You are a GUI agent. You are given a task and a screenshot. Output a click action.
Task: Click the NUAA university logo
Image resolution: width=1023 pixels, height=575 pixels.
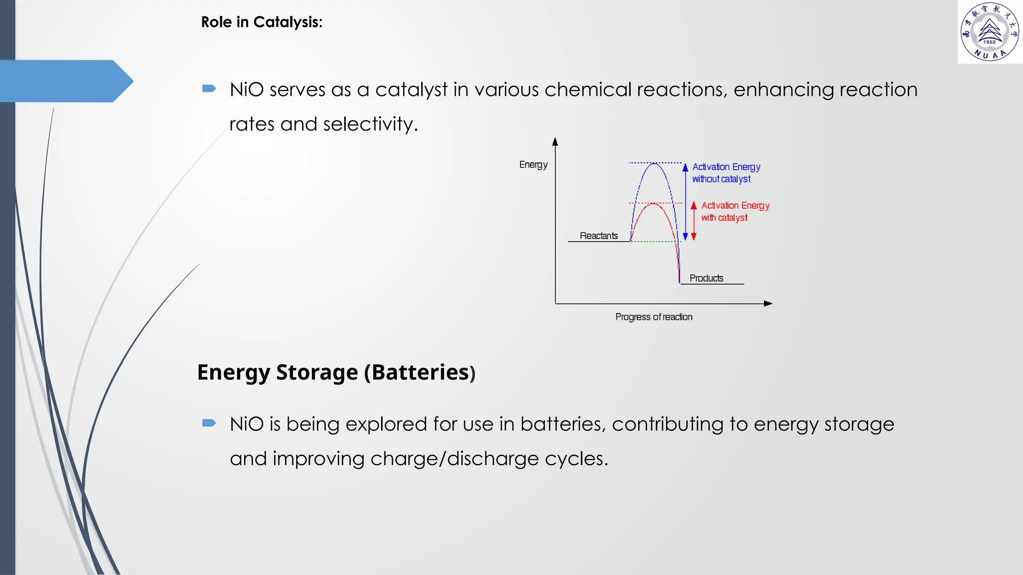990,32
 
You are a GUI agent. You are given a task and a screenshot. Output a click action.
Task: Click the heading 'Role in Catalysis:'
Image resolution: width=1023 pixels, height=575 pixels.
262,22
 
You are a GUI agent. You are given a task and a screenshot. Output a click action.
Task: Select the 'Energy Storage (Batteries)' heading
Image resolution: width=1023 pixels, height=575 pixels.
336,372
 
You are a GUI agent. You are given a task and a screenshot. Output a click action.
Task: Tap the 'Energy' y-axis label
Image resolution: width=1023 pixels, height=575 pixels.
533,165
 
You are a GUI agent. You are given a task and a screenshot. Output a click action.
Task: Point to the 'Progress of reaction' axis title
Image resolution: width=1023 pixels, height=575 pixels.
653,317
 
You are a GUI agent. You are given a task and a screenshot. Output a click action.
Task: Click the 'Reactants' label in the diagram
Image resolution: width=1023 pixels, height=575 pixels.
598,236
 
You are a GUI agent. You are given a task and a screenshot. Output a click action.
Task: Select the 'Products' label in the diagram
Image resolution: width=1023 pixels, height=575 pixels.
706,278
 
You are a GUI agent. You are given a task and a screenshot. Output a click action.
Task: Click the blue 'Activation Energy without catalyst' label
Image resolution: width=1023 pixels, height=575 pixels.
725,173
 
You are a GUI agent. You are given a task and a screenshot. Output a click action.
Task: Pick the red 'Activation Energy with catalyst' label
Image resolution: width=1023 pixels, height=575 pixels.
734,211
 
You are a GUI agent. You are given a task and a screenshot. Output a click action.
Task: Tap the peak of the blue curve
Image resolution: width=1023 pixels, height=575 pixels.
654,163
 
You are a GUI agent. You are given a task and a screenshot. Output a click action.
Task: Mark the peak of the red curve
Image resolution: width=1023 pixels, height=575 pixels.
653,204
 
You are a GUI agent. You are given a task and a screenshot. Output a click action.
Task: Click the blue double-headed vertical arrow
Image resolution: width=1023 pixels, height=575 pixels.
685,202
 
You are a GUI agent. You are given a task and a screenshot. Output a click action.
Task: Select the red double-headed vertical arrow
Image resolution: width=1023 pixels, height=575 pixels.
694,221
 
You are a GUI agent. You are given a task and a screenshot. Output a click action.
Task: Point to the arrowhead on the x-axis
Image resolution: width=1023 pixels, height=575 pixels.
768,303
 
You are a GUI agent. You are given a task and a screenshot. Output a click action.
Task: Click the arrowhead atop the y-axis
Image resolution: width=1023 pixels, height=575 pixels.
555,142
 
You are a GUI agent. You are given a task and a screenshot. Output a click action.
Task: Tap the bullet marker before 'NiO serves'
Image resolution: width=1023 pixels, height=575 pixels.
209,89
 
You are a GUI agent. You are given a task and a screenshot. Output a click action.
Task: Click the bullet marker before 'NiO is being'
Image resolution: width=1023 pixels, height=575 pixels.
209,423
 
